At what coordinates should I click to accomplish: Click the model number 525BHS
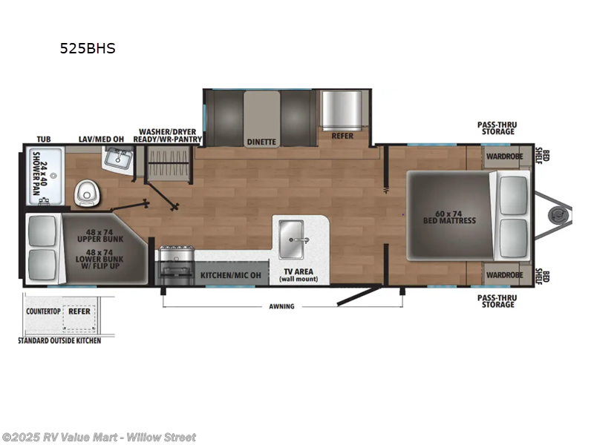(x=88, y=49)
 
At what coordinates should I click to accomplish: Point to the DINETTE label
(x=261, y=141)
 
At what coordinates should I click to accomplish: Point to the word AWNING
(x=282, y=306)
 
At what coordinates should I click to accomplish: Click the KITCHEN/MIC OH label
(x=231, y=275)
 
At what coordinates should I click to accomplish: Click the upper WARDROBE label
(x=504, y=156)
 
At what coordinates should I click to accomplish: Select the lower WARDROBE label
(x=504, y=274)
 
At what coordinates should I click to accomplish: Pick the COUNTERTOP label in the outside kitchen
(x=43, y=312)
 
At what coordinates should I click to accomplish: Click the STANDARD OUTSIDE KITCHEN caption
(x=59, y=340)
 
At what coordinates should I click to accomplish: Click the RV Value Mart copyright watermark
(x=99, y=437)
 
